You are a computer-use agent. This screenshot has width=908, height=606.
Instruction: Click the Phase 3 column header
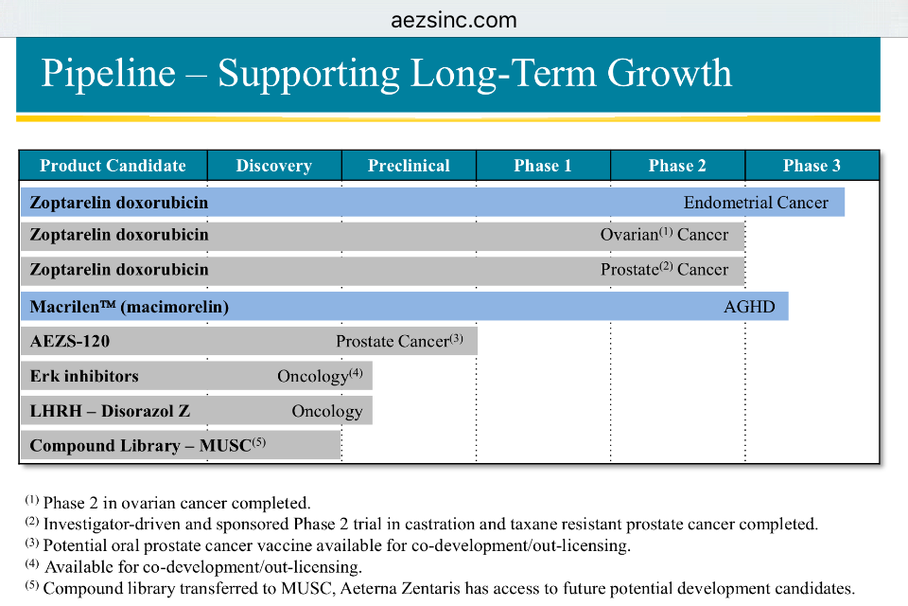[x=812, y=166]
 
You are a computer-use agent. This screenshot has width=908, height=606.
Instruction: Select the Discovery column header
[x=273, y=166]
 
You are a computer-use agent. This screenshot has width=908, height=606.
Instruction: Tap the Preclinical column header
[x=409, y=166]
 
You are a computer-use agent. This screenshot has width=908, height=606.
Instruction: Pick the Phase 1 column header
[x=543, y=166]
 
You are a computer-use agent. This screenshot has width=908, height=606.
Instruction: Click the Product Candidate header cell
[x=113, y=166]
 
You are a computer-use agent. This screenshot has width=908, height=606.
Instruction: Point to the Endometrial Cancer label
[x=756, y=203]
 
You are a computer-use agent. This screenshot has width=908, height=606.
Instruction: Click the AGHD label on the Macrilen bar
[x=749, y=307]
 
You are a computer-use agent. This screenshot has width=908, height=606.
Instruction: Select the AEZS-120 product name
[x=63, y=341]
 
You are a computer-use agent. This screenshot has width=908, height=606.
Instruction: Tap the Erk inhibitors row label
[x=84, y=376]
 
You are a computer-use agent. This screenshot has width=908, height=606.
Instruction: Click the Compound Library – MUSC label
[x=141, y=445]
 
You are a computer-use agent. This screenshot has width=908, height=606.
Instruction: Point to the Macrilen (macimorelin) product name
[x=129, y=307]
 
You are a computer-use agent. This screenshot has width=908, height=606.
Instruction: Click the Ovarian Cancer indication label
[x=664, y=235]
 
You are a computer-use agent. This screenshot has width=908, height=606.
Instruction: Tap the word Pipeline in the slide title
[x=109, y=74]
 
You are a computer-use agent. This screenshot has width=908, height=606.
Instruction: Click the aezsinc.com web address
[x=454, y=20]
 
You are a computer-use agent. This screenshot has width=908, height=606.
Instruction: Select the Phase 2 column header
[x=677, y=166]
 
